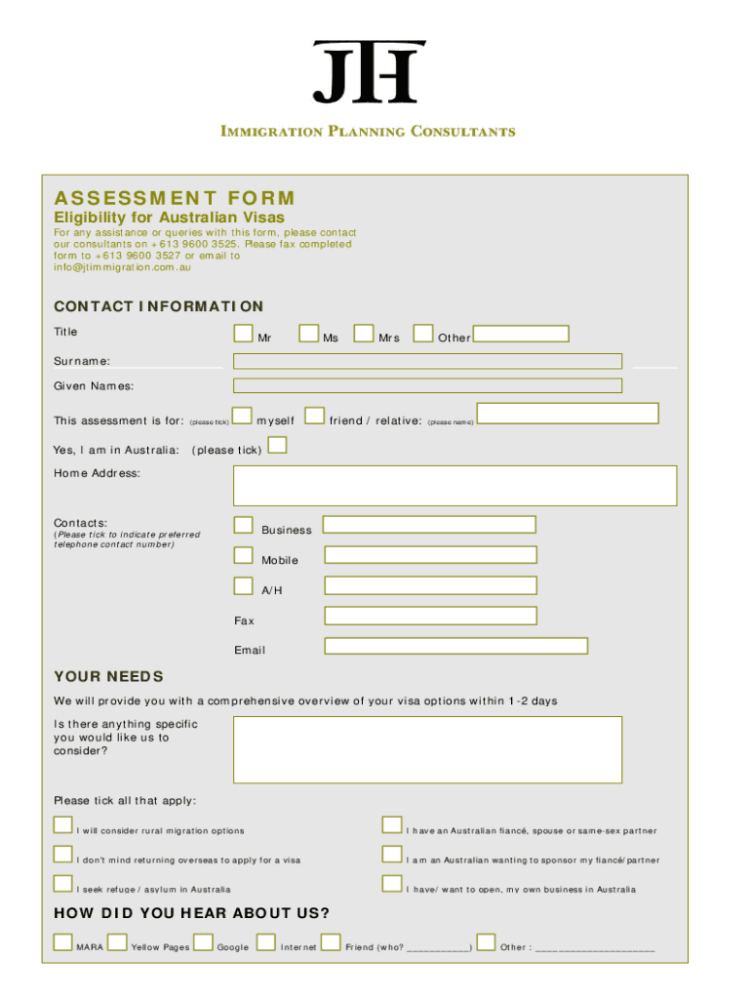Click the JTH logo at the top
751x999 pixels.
(x=369, y=71)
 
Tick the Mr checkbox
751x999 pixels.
(x=243, y=334)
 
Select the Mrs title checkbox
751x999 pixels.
(x=364, y=334)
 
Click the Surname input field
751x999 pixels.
(x=427, y=361)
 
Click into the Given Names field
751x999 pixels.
(x=427, y=385)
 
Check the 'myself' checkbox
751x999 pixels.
(x=243, y=417)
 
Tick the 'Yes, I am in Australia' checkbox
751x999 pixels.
(x=278, y=446)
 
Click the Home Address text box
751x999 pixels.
(x=455, y=485)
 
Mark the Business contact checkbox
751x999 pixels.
(x=243, y=526)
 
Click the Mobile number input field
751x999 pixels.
(x=430, y=555)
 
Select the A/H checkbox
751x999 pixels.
(x=243, y=586)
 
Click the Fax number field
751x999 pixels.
(x=430, y=616)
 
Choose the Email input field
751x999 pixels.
(x=455, y=646)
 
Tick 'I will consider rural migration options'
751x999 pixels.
(x=63, y=826)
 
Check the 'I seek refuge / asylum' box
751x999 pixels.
(x=63, y=885)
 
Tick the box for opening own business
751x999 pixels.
(x=392, y=885)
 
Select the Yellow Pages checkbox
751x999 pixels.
(x=117, y=942)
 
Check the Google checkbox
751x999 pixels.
(x=203, y=942)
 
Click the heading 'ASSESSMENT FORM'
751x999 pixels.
(x=175, y=198)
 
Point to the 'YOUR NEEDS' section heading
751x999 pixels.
(x=108, y=676)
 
